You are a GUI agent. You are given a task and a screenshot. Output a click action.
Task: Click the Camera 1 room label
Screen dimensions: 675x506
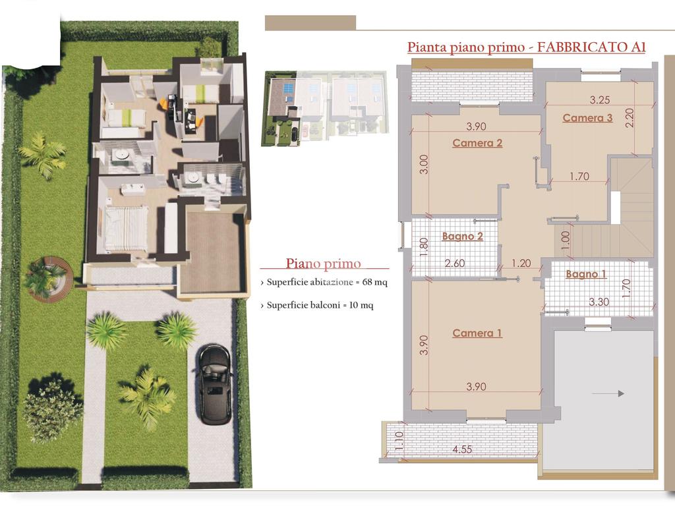coord(477,333)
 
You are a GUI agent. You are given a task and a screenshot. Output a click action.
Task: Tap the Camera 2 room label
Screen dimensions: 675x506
coord(477,143)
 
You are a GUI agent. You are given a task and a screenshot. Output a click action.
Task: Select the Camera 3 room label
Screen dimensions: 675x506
coord(587,118)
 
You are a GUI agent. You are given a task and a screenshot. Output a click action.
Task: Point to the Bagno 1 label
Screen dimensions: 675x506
coord(586,274)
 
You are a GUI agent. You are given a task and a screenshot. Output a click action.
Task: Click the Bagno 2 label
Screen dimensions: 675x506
coord(462,237)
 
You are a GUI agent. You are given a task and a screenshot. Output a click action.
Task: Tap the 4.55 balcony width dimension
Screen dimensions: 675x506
coord(462,449)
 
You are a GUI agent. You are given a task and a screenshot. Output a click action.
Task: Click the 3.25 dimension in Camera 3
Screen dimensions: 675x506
coord(600,100)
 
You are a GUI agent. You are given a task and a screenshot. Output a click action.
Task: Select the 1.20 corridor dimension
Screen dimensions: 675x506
coord(521,263)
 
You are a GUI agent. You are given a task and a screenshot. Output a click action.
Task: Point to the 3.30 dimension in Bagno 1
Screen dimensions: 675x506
coord(599,302)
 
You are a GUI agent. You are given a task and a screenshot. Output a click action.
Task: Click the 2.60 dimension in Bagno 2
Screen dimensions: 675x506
coord(455,263)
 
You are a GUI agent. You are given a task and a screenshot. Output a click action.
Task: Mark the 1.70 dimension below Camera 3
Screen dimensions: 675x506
coord(579,176)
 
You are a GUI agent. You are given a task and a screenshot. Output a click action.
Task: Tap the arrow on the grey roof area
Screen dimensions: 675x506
coord(608,393)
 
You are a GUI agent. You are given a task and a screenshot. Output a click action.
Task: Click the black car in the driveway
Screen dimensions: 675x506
coord(214,384)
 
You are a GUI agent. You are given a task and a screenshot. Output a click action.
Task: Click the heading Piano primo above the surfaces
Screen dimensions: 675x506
coord(323,264)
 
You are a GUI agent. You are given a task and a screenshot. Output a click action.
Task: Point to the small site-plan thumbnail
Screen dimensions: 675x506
coord(325,109)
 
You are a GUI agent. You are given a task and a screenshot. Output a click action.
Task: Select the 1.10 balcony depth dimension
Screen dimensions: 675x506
coord(399,441)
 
